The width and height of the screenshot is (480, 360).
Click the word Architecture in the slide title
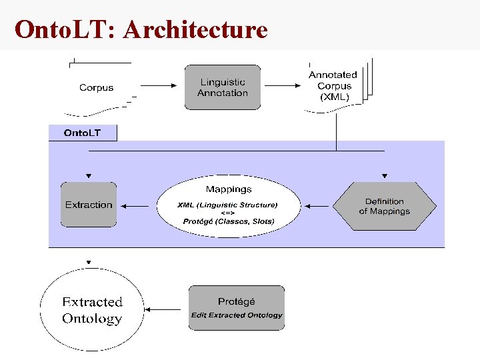point(195,29)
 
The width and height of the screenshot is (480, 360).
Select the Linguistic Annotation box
point(223,87)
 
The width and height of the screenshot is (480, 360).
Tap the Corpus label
point(96,87)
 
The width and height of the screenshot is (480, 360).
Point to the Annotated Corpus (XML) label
point(333,85)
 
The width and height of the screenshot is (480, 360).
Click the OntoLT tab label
point(83,133)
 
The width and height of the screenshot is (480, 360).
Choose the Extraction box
point(89,205)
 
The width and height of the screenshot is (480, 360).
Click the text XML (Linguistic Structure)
point(228,205)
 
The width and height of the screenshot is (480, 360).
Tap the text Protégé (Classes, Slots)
point(229,221)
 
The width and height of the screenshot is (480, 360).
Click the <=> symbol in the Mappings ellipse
point(228,213)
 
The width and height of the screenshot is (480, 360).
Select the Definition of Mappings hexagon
point(384,206)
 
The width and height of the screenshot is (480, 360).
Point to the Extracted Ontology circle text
point(92,310)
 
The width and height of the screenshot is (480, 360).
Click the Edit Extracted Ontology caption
point(237,315)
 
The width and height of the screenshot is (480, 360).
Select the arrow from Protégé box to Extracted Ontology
point(164,309)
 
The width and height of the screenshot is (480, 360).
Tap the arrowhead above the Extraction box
point(89,177)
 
